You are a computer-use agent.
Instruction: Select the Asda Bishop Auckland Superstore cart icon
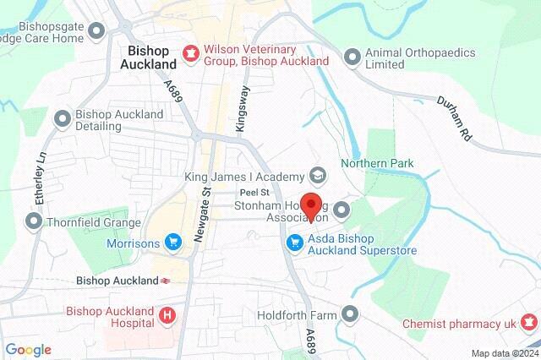click(294, 243)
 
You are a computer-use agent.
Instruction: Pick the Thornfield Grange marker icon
click(34, 221)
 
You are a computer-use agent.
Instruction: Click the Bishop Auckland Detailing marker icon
click(62, 119)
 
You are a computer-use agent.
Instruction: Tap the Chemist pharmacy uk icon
click(529, 322)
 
